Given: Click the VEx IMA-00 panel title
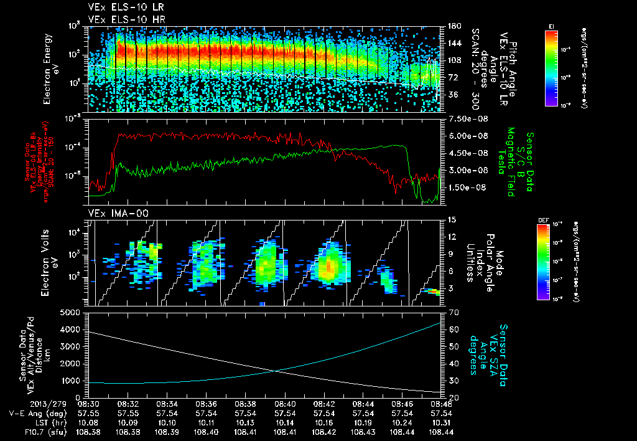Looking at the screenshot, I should (x=113, y=213).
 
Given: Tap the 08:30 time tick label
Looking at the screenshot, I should (x=88, y=404).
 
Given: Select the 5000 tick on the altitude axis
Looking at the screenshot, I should (x=73, y=312).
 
